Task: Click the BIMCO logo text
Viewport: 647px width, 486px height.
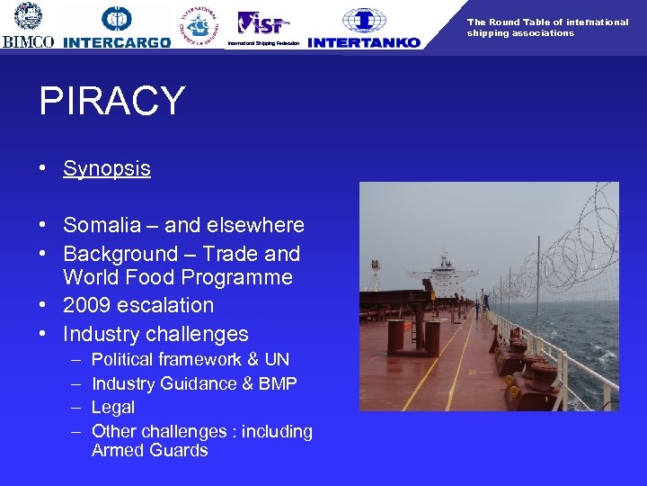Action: click(28, 41)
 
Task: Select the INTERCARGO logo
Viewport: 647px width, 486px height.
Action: click(117, 42)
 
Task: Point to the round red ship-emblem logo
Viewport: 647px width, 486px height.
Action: click(199, 27)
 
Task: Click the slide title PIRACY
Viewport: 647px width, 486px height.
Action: click(112, 102)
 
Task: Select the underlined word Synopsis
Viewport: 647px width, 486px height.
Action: click(106, 168)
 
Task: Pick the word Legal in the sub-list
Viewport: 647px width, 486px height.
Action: click(113, 408)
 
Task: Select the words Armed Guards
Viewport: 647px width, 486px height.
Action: click(149, 451)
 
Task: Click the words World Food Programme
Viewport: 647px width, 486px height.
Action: click(178, 277)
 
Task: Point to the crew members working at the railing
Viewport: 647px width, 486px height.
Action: click(485, 301)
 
